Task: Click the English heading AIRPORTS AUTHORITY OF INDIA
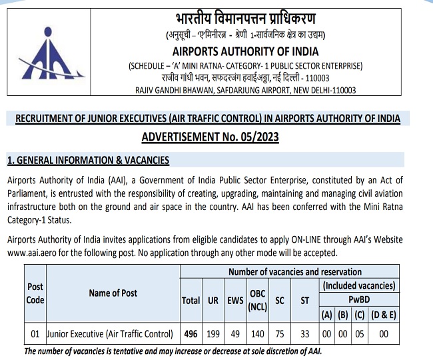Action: coord(246,51)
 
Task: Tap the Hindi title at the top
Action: coord(246,19)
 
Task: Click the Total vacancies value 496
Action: coord(191,333)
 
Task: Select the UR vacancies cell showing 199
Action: coord(213,333)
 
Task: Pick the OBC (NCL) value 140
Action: coord(258,333)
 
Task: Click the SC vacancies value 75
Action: coord(280,333)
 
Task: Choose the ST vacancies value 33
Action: coord(304,333)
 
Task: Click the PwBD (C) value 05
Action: coord(359,333)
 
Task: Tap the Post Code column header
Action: coord(35,293)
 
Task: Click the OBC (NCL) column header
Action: coord(257,301)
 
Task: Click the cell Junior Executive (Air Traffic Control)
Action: coord(110,333)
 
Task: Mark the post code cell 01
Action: coord(35,333)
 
